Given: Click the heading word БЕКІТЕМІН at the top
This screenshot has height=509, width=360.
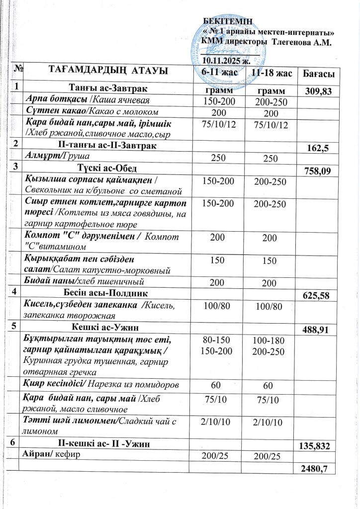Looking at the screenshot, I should pyautogui.click(x=229, y=20).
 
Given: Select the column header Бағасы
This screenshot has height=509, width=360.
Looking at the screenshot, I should pyautogui.click(x=318, y=74).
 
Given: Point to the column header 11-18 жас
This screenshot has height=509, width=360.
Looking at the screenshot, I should pyautogui.click(x=271, y=73).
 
